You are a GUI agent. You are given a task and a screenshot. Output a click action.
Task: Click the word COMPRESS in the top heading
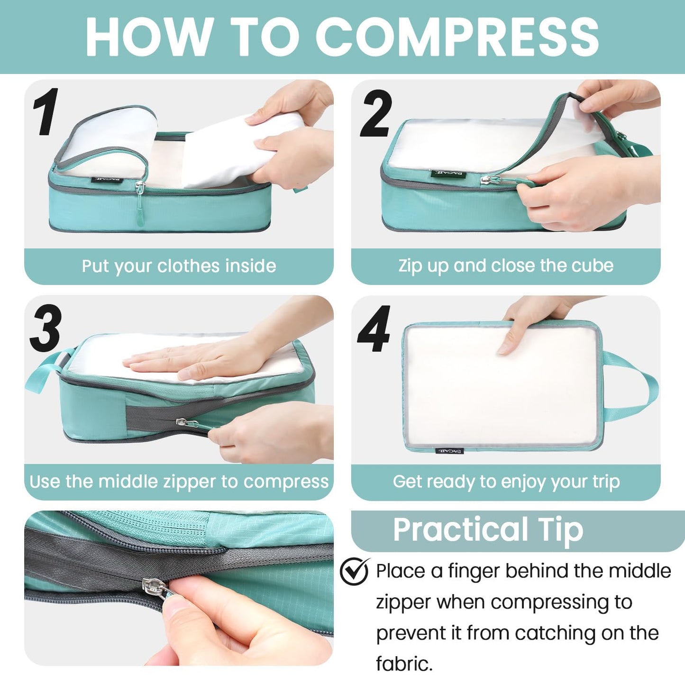pos(457,37)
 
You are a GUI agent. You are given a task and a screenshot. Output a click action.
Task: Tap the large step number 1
pos(46,112)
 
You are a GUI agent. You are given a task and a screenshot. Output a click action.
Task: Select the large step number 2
pos(375,114)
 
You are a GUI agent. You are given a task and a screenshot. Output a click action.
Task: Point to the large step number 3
pos(46,329)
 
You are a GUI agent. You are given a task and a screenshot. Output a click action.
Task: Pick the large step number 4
pos(374,329)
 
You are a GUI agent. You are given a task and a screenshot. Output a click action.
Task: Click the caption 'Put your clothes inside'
pos(179,266)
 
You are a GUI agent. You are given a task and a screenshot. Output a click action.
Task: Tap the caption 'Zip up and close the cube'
pos(506,265)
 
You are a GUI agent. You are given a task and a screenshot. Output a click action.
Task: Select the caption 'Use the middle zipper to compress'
pos(179,482)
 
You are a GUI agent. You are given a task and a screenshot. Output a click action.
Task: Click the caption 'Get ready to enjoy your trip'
pos(506,482)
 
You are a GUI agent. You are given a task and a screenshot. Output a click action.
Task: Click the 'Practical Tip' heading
pos(488,530)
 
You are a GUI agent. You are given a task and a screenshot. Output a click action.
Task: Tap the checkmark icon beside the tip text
pos(355,571)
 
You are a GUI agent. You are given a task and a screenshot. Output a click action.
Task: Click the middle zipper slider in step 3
pos(181,422)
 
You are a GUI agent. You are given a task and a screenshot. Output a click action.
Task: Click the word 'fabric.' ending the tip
pos(404,664)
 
